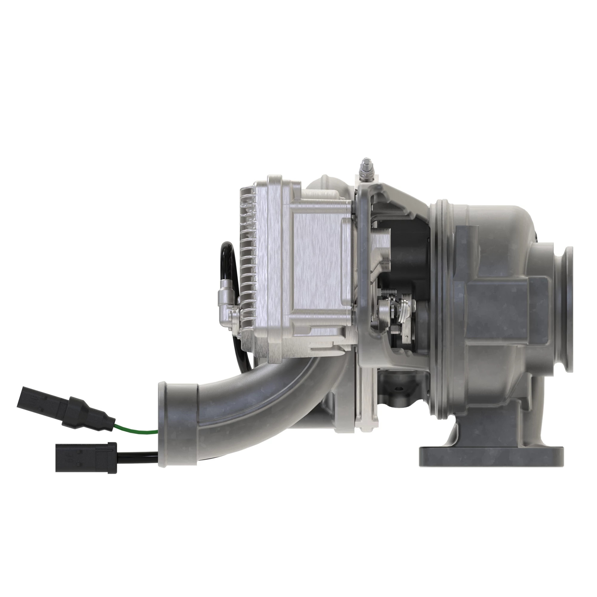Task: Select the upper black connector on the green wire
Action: click(67, 406)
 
